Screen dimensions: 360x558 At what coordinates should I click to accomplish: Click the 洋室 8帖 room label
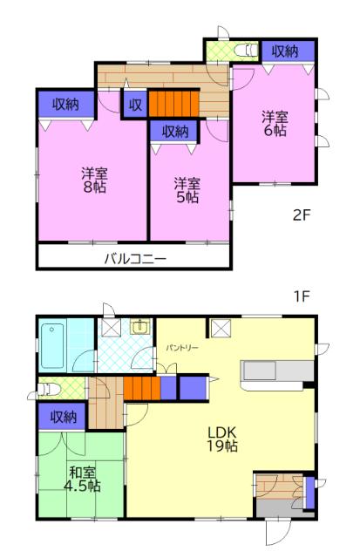(x=95, y=180)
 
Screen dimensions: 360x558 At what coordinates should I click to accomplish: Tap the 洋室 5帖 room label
(x=187, y=190)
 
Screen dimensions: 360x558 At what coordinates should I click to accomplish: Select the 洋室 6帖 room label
(x=275, y=124)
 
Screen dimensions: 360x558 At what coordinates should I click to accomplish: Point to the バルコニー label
(x=135, y=259)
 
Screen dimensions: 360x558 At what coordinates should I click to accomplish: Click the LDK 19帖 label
(x=222, y=439)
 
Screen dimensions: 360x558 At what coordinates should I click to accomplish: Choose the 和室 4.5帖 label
(x=82, y=479)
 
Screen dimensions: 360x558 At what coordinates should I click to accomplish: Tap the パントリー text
(x=182, y=348)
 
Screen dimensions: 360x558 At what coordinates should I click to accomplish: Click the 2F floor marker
(x=302, y=215)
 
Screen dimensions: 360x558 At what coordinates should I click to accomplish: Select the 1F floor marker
(x=302, y=296)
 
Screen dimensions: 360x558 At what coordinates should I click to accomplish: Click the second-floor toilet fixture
(x=246, y=51)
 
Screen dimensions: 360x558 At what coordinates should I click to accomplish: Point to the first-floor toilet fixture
(x=49, y=389)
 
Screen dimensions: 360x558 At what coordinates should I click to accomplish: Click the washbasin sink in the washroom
(x=141, y=326)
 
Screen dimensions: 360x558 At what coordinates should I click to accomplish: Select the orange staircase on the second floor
(x=173, y=104)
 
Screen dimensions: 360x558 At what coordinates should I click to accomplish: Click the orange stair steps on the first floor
(x=142, y=388)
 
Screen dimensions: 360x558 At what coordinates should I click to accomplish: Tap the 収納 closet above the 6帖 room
(x=289, y=51)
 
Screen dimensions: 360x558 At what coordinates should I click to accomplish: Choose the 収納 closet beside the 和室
(x=62, y=417)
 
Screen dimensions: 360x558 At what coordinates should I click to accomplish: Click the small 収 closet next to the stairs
(x=134, y=105)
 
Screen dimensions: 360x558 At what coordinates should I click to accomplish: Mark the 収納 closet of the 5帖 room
(x=174, y=132)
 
